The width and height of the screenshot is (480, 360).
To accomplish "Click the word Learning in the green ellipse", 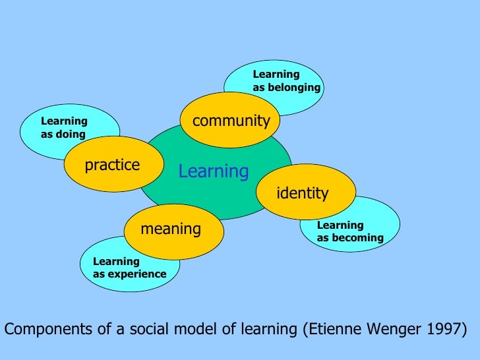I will pos(214,172).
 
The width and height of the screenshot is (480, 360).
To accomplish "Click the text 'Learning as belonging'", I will pos(286,81).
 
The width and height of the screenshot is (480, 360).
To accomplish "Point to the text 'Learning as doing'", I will pos(64,128).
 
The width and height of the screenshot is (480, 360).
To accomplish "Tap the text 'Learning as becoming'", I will pos(350,231).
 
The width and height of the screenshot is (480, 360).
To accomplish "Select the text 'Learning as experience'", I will pos(129,268).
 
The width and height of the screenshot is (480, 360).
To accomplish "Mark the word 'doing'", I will pos(71,135).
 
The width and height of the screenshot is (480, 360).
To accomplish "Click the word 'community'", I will pos(231,121).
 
